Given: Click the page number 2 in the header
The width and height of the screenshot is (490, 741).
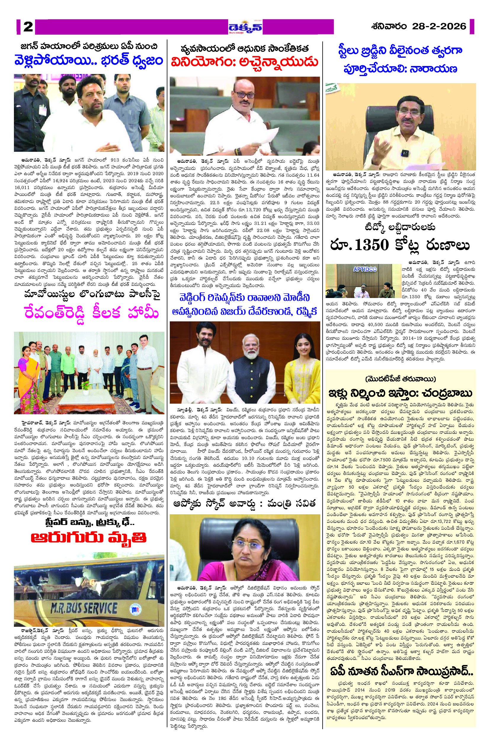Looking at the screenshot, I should [x=28, y=27].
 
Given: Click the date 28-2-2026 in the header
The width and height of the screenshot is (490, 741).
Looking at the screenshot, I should [x=439, y=26].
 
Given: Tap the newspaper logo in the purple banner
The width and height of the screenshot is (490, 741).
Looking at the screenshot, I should [x=245, y=27].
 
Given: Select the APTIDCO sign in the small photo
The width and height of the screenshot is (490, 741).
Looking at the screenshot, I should [x=365, y=269].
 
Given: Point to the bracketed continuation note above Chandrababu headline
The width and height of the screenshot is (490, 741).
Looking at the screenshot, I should [x=400, y=379].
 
